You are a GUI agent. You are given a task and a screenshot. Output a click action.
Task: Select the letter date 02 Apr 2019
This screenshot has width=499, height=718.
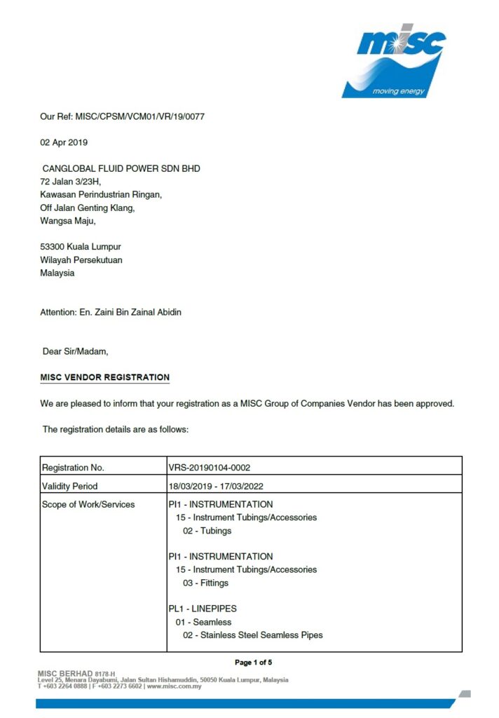(63, 142)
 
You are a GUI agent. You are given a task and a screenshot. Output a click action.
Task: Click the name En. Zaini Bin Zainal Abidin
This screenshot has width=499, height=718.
(131, 312)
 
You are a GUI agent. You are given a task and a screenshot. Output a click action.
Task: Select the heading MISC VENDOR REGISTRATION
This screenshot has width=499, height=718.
(104, 377)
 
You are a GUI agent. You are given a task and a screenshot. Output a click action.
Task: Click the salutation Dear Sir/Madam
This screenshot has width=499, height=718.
(75, 351)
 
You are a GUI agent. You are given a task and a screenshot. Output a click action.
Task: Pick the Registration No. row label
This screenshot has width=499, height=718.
(74, 468)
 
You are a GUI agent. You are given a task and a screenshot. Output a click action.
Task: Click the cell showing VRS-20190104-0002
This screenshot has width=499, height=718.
(210, 468)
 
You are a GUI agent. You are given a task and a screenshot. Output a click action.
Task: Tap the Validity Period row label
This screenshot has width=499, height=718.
(70, 486)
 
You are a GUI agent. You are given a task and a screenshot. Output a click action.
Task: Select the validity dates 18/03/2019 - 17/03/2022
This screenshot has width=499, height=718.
(215, 486)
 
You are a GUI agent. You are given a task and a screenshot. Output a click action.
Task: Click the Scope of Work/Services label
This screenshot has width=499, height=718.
(88, 504)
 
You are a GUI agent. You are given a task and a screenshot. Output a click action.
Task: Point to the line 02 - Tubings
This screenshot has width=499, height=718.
(207, 531)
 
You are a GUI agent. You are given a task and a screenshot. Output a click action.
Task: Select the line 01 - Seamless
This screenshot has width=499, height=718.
(203, 622)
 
